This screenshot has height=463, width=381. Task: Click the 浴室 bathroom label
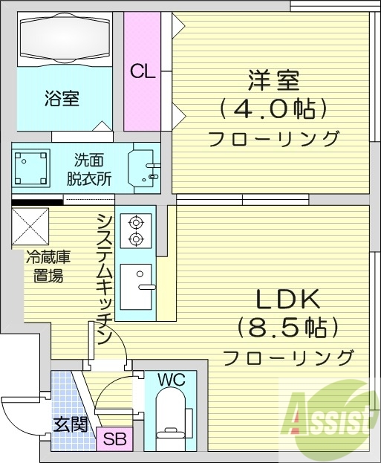62,97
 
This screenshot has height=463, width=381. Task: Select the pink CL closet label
143,71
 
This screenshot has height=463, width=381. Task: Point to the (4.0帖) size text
273,109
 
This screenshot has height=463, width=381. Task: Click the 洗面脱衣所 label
89,169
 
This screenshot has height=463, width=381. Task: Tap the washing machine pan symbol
31,167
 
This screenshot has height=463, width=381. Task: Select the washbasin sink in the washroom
143,168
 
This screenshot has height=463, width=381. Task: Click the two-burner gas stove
136,229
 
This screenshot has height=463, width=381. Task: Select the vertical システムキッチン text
105,278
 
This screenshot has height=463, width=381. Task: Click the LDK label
288,299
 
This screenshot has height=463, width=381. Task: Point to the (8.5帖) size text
288,326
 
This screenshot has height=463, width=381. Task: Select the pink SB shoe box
115,438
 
